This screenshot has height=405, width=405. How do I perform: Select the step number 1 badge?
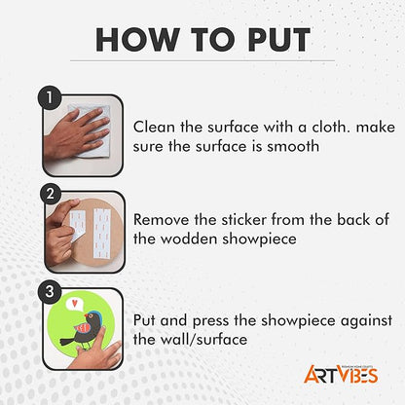point(50,97)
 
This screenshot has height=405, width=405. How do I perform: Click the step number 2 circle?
point(50,194)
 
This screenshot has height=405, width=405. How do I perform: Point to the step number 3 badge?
point(50,292)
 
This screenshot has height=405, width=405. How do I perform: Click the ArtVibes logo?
point(341,374)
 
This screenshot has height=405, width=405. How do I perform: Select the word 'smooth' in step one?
point(293,146)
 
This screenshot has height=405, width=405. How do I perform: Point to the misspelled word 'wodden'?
point(189,239)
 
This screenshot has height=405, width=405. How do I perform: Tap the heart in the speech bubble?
point(75,304)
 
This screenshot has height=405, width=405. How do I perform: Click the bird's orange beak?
point(87,315)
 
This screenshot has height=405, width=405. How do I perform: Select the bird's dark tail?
point(67,341)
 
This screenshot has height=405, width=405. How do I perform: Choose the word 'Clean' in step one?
point(154,127)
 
